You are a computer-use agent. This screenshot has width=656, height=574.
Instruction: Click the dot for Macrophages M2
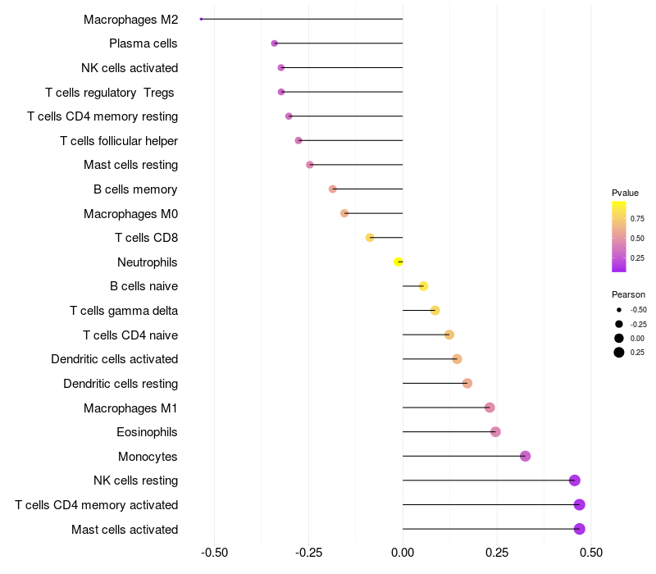201,19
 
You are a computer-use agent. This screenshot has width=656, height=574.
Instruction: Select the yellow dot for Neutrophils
399,262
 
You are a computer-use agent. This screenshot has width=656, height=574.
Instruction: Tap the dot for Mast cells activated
579,529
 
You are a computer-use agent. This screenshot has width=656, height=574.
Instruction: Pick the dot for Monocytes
526,456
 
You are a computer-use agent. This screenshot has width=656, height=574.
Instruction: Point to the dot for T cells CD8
370,238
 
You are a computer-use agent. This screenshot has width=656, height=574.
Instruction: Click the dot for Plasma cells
275,43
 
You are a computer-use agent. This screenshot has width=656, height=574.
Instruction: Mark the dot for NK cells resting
574,481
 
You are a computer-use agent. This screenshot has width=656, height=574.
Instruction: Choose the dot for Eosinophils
495,432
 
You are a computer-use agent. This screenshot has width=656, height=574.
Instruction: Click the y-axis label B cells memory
135,189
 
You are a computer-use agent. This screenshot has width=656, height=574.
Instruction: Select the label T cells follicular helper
119,141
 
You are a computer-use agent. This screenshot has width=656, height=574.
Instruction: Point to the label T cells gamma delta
124,311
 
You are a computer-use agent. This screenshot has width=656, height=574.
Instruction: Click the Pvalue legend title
625,193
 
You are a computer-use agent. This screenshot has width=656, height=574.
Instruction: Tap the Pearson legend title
628,294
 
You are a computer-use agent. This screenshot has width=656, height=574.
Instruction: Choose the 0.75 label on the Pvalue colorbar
637,219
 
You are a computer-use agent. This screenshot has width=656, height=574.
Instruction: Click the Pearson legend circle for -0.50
618,310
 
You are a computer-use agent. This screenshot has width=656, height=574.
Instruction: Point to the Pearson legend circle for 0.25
618,353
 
